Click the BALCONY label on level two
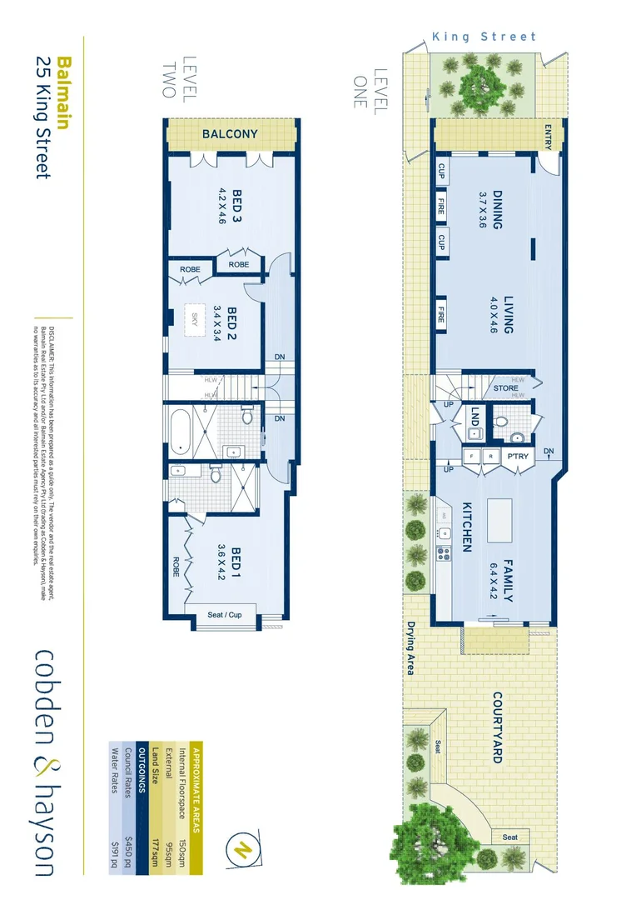coord(230,134)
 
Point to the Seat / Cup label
coord(225,615)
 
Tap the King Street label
coord(484,37)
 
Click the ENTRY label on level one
coord(548,135)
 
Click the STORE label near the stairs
coord(505,388)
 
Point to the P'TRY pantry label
coord(518,457)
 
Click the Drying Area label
coord(410,647)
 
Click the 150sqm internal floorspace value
coord(171,768)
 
